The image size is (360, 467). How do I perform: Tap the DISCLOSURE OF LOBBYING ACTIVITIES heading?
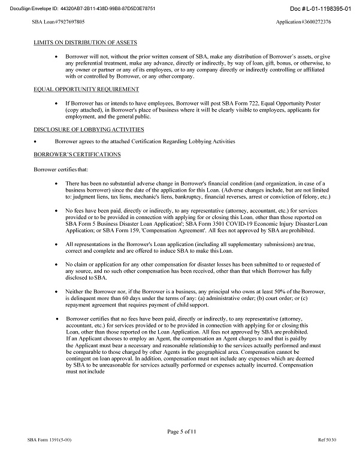coord(89,129)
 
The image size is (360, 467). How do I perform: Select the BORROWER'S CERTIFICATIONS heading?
coord(77,154)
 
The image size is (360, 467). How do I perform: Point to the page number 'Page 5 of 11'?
coord(180,431)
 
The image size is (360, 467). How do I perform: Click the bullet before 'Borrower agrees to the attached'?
coord(37,142)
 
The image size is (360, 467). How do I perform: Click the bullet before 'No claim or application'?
coord(56,264)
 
